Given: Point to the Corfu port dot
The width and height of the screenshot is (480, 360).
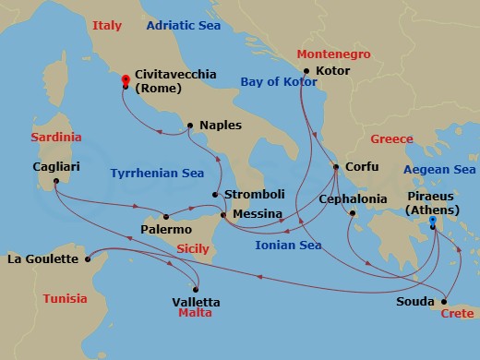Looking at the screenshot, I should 336,167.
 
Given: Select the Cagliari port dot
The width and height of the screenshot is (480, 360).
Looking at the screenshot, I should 55,180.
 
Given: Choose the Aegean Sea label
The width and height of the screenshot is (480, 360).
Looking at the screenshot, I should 438,169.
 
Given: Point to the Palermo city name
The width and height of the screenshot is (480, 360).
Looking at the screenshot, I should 166,228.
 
